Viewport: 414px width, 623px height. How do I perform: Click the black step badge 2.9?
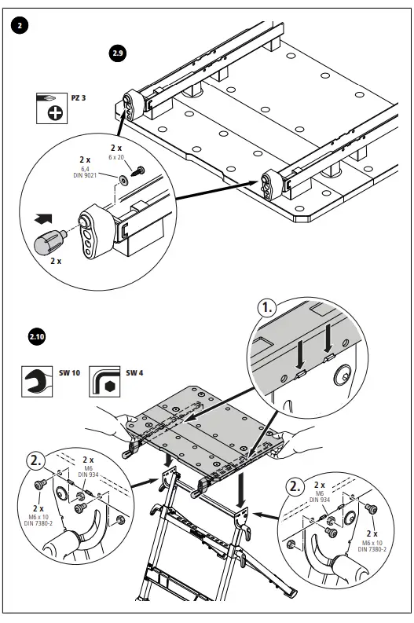tap(117, 53)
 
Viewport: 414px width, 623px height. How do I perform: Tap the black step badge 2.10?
tap(37, 337)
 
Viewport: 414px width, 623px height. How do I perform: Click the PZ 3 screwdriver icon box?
tap(52, 108)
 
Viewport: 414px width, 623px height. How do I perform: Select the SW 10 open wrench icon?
tap(37, 382)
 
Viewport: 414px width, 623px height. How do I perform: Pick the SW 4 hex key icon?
tap(104, 382)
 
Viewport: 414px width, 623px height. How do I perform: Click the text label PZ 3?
tap(79, 97)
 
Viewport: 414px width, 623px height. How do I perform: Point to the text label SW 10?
tap(70, 372)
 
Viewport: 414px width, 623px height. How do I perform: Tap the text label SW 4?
tap(134, 372)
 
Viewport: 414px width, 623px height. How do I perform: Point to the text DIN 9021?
tap(85, 175)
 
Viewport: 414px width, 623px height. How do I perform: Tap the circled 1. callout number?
tap(266, 307)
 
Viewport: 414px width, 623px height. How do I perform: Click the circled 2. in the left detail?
tap(36, 460)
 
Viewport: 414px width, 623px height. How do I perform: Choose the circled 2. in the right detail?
tap(295, 486)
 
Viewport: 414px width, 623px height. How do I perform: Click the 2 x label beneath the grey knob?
tap(56, 262)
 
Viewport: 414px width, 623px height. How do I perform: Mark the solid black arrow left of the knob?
tap(43, 218)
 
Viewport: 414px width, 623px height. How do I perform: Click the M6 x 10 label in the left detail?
tap(38, 517)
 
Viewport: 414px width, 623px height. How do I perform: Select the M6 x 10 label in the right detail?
tap(372, 543)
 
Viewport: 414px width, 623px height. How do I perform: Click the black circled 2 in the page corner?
tap(20, 25)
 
